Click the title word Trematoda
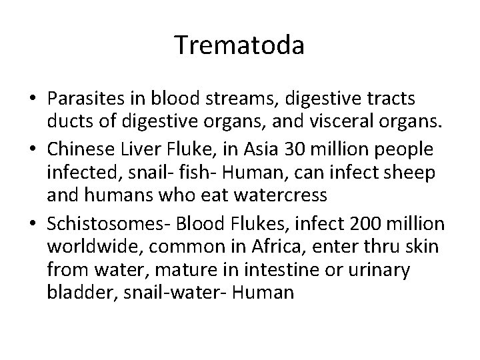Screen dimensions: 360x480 tap(240, 45)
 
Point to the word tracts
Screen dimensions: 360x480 tap(393, 99)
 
